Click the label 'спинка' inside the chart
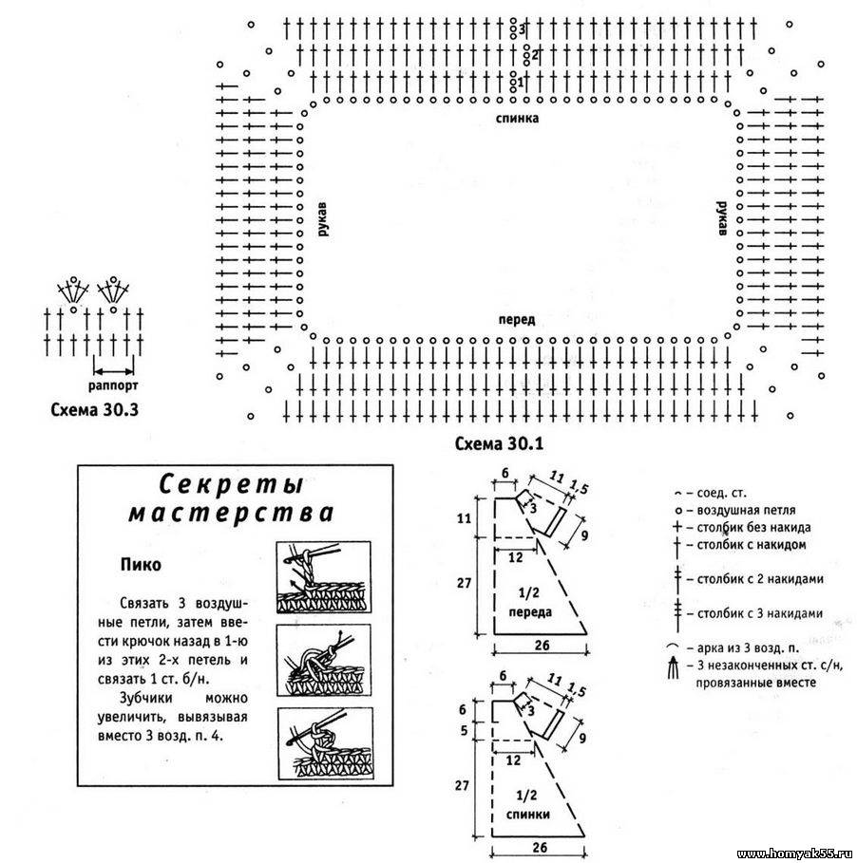(x=517, y=119)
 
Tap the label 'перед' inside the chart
(x=517, y=320)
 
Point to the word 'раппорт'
(x=113, y=386)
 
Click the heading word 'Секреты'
(x=231, y=484)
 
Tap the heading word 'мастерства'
(x=231, y=514)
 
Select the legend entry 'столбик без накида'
(x=752, y=527)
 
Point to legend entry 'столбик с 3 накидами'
(x=758, y=612)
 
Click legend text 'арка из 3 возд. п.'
(x=750, y=647)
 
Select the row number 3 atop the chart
(x=522, y=29)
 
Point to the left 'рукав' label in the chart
(x=323, y=220)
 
